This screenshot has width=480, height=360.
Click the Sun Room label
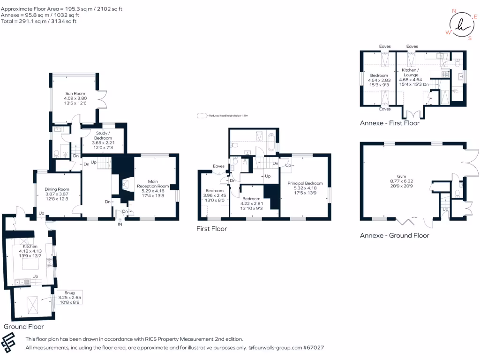pyautogui.click(x=75, y=93)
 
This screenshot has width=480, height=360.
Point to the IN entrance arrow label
pyautogui.click(x=120, y=225)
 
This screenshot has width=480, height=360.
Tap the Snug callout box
pyautogui.click(x=66, y=297)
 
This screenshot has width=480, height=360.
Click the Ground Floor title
pyautogui.click(x=24, y=326)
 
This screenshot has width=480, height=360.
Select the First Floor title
pyautogui.click(x=211, y=229)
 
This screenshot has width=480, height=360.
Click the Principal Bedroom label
pyautogui.click(x=305, y=183)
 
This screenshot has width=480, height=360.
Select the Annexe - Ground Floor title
pyautogui.click(x=394, y=235)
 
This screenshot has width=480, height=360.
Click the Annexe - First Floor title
pyautogui.click(x=390, y=123)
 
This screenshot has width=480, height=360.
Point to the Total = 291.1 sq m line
pyautogui.click(x=39, y=21)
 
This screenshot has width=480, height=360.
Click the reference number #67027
pyautogui.click(x=314, y=348)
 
